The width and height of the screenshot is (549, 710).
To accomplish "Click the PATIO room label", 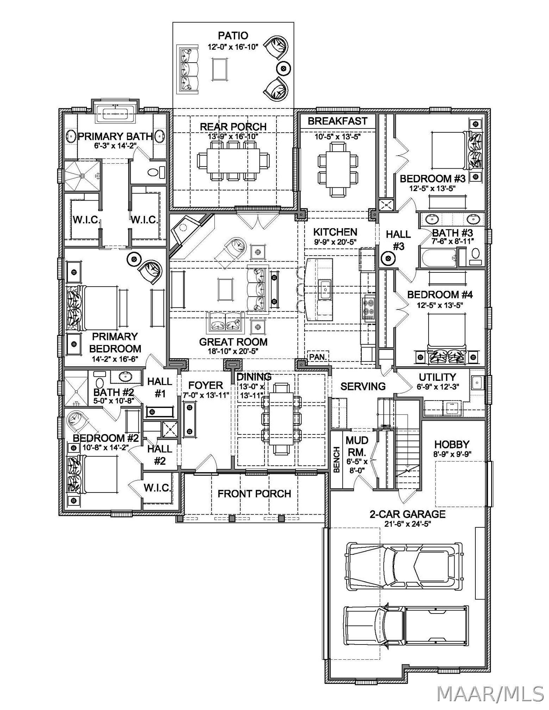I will pos(233,36).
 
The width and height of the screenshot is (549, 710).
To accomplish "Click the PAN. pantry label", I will pos(318,357).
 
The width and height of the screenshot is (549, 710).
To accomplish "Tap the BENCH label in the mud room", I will pos(337,460).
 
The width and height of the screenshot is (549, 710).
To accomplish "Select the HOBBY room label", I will pos(452,444).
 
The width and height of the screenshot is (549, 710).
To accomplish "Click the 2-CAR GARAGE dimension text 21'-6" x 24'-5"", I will pos(407,524).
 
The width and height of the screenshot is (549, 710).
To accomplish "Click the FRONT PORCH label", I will pos(254,494).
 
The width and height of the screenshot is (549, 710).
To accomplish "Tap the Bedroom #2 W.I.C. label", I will pos(157,488).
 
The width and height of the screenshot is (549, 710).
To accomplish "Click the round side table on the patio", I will pos(283,68).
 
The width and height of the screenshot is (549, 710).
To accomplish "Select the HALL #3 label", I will pos(398,240).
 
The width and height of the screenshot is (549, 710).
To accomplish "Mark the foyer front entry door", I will pos(205,462).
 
